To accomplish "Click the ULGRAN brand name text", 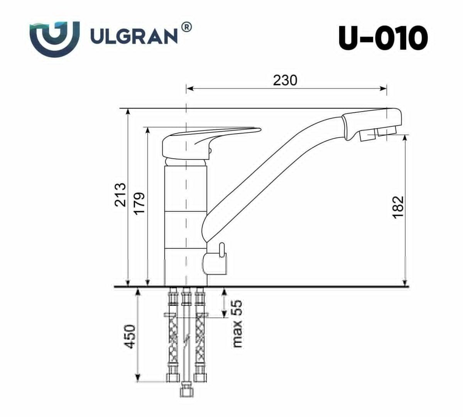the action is click(133, 37).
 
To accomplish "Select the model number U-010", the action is click(383, 38).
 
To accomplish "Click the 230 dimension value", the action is click(285, 80).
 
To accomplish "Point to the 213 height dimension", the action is click(120, 195).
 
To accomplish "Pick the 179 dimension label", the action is click(139, 203).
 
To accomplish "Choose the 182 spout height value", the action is click(398, 207).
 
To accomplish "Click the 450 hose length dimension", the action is click(130, 337).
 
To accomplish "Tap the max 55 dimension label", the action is click(237, 324).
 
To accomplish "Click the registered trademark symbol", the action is click(186, 27).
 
